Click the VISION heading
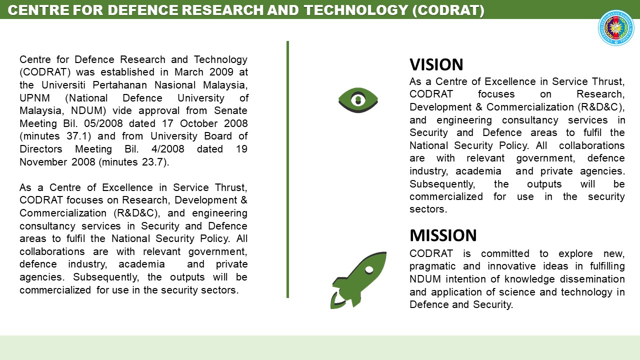click(436, 64)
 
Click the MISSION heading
click(443, 235)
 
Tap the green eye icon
click(358, 100)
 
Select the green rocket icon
click(358, 280)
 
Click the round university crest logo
click(616, 28)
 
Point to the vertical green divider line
click(287, 169)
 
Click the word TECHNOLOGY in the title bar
click(355, 10)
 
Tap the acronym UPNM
click(34, 97)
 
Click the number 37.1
click(78, 136)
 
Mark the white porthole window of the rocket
click(369, 269)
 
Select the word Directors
click(41, 149)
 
